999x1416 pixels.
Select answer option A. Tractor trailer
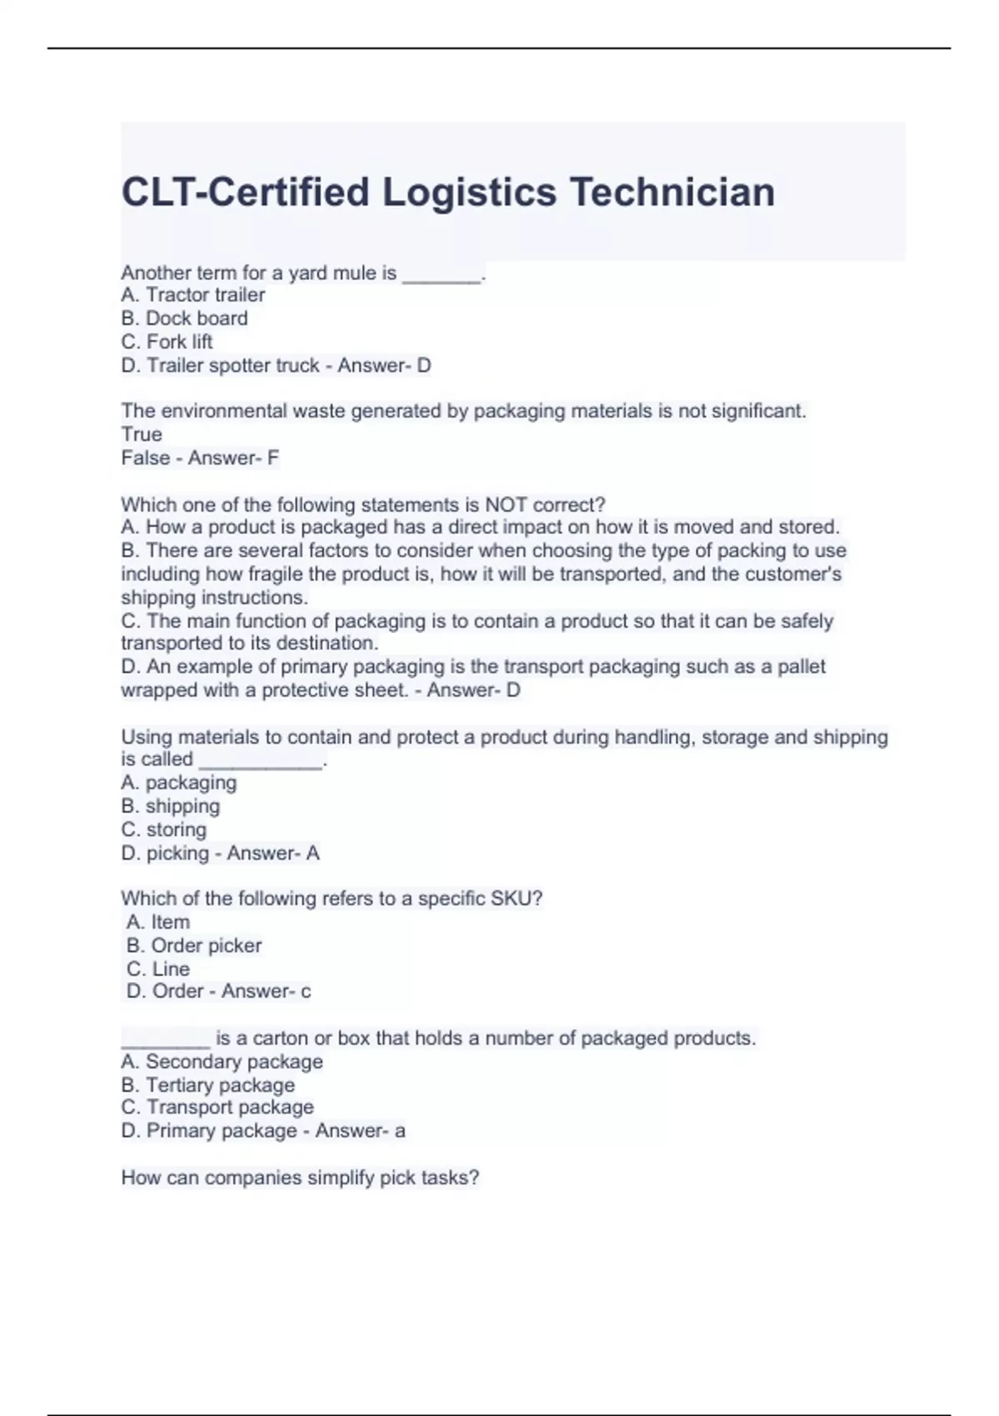click(193, 295)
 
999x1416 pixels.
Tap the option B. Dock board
click(184, 318)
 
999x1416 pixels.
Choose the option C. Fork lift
click(166, 342)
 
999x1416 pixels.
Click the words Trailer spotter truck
click(233, 365)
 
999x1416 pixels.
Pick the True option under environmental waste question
click(142, 434)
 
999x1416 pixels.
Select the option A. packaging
click(179, 783)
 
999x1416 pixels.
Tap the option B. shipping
click(171, 806)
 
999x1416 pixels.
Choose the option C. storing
click(164, 830)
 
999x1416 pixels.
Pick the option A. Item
click(158, 922)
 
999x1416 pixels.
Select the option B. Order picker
click(194, 945)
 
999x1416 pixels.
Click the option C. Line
click(158, 969)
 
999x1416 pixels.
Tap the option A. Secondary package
click(221, 1061)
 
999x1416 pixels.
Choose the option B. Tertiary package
click(207, 1084)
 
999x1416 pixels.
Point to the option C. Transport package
click(217, 1107)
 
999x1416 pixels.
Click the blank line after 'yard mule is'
click(441, 277)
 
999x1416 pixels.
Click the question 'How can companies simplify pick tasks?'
click(300, 1177)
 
